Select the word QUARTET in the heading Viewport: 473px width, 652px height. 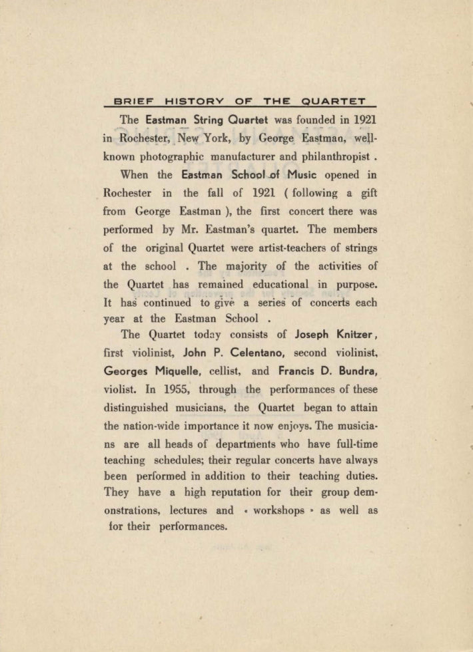pos(333,102)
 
